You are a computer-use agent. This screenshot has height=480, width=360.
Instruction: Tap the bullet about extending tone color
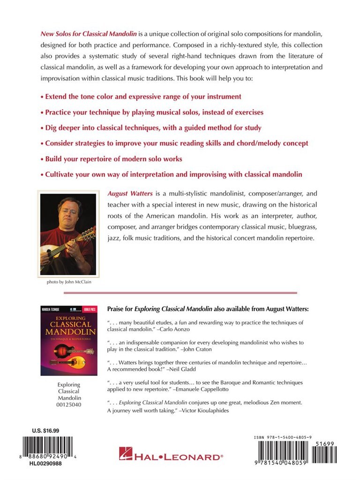(x=141, y=97)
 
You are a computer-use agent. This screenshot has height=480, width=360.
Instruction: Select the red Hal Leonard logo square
(x=125, y=454)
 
